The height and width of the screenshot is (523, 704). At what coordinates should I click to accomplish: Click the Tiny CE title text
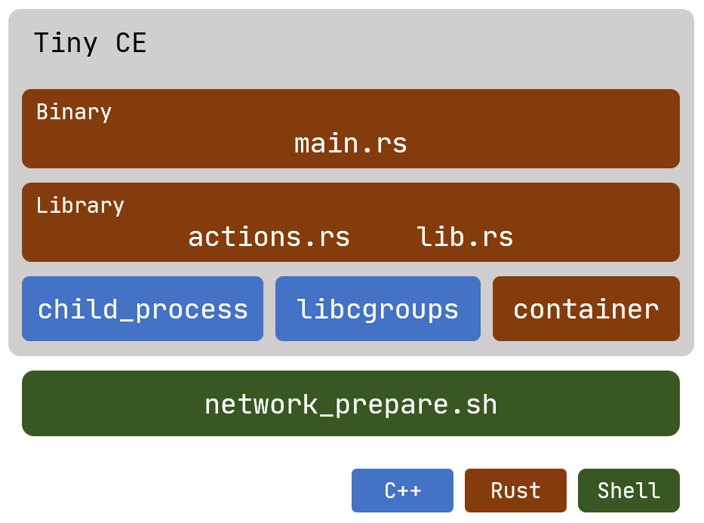[91, 43]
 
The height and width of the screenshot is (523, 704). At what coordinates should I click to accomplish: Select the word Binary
[74, 112]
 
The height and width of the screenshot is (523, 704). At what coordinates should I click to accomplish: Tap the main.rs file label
[351, 143]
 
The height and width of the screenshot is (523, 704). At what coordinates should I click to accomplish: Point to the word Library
[80, 205]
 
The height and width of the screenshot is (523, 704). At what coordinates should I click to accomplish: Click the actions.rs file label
[269, 237]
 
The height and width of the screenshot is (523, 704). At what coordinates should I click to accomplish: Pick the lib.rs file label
[465, 236]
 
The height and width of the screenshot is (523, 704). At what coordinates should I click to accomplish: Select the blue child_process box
[143, 309]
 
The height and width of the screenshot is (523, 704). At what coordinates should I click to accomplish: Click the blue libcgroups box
[378, 309]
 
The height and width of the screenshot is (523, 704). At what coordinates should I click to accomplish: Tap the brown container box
[586, 309]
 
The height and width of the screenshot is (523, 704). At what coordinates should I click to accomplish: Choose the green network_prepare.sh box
[351, 403]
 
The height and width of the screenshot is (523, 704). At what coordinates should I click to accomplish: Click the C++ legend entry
[402, 491]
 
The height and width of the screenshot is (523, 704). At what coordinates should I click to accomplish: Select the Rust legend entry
[515, 491]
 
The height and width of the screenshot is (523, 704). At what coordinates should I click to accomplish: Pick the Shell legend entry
[629, 491]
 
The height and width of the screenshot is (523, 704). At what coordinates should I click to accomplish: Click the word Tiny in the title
[66, 43]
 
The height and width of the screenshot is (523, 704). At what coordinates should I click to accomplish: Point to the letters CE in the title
[131, 43]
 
